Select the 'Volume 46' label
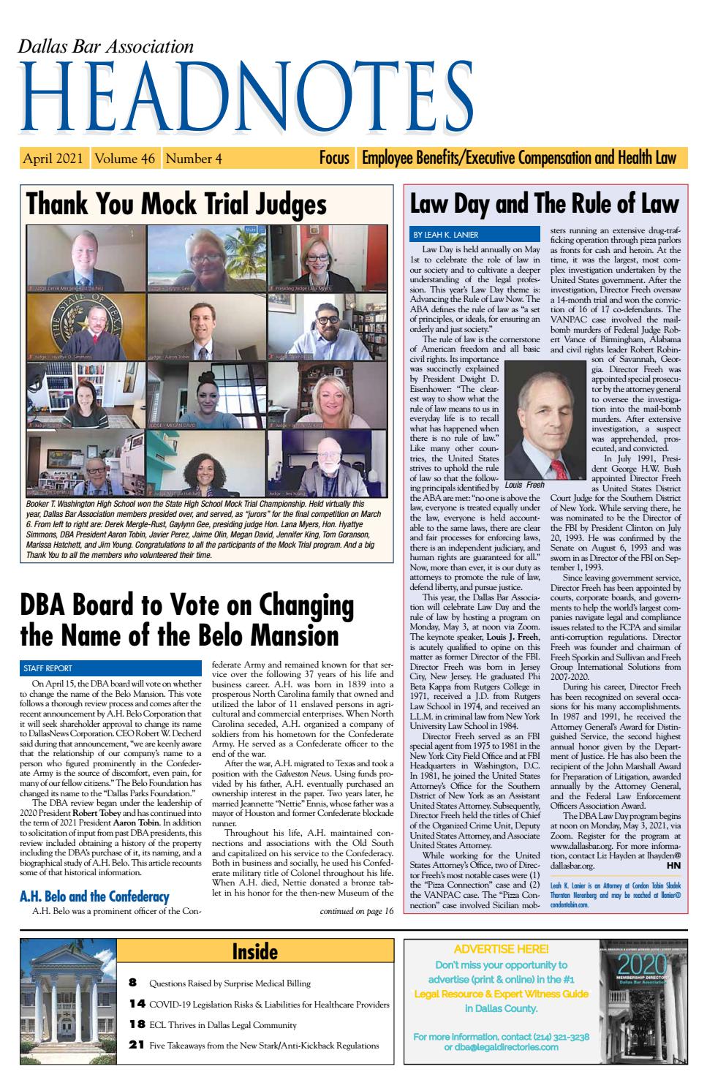click(126, 158)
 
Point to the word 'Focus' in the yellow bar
click(334, 158)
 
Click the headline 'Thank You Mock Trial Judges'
click(176, 204)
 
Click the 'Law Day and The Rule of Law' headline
click(544, 203)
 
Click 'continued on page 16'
click(357, 911)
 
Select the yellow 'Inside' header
click(254, 951)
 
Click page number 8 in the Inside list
click(133, 983)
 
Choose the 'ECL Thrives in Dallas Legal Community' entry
click(222, 1024)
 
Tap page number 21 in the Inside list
click(136, 1045)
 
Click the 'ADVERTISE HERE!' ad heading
click(501, 949)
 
